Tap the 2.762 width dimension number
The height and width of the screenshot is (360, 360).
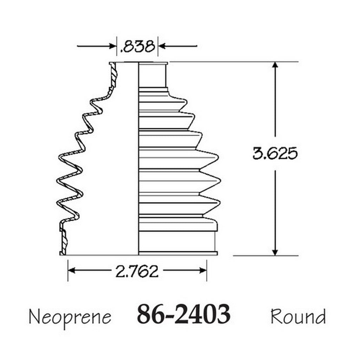click(x=137, y=271)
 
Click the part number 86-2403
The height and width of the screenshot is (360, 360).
click(x=184, y=314)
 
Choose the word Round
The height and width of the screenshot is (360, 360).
click(x=298, y=316)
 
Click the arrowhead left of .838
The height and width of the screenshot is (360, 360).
click(x=112, y=46)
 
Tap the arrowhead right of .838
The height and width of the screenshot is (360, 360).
click(x=162, y=46)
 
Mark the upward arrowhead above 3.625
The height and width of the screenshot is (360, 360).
click(x=275, y=66)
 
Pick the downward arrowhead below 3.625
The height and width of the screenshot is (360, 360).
click(x=275, y=252)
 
